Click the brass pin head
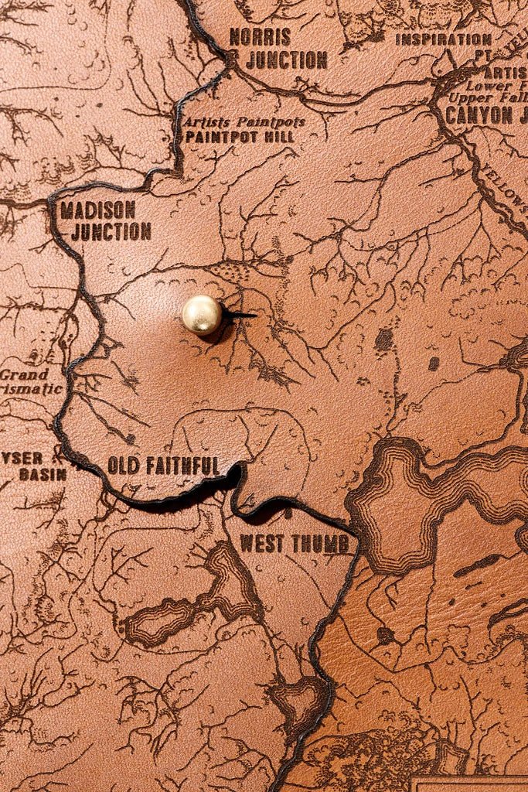(201, 314)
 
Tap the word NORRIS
(260, 36)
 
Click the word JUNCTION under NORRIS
(287, 60)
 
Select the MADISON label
(97, 210)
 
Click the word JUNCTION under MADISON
(111, 231)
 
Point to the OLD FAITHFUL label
(163, 466)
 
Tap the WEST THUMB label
(295, 544)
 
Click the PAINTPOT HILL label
(240, 137)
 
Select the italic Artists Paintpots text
(244, 122)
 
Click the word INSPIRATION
(444, 39)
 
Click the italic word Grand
(24, 374)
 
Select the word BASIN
(43, 474)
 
